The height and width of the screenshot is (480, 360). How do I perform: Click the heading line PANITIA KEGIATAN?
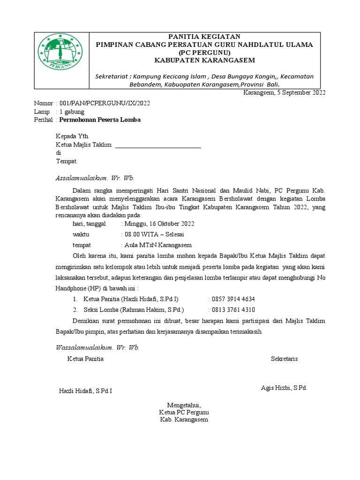tap(204, 37)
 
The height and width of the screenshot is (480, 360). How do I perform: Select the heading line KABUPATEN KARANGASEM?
tap(204, 60)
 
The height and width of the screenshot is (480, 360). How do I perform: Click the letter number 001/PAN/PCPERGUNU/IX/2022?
tap(104, 103)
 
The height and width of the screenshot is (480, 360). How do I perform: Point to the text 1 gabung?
tap(71, 112)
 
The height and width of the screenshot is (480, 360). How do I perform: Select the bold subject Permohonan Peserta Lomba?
tap(99, 120)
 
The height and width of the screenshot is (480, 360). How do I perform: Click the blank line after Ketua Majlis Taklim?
tap(158, 145)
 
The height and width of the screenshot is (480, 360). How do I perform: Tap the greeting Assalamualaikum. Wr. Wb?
tap(95, 178)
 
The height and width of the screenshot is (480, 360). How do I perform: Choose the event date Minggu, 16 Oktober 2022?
tap(158, 224)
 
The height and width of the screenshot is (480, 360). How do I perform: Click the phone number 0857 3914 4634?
tap(233, 299)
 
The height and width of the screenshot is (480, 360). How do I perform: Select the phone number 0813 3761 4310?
tap(233, 310)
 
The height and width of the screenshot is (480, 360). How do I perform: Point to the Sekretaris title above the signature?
tap(284, 359)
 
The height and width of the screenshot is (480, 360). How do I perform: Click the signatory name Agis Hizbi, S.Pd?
tap(284, 388)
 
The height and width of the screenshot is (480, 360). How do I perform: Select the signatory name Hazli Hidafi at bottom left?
tap(85, 391)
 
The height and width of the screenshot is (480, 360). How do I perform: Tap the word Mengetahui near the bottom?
tap(184, 405)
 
